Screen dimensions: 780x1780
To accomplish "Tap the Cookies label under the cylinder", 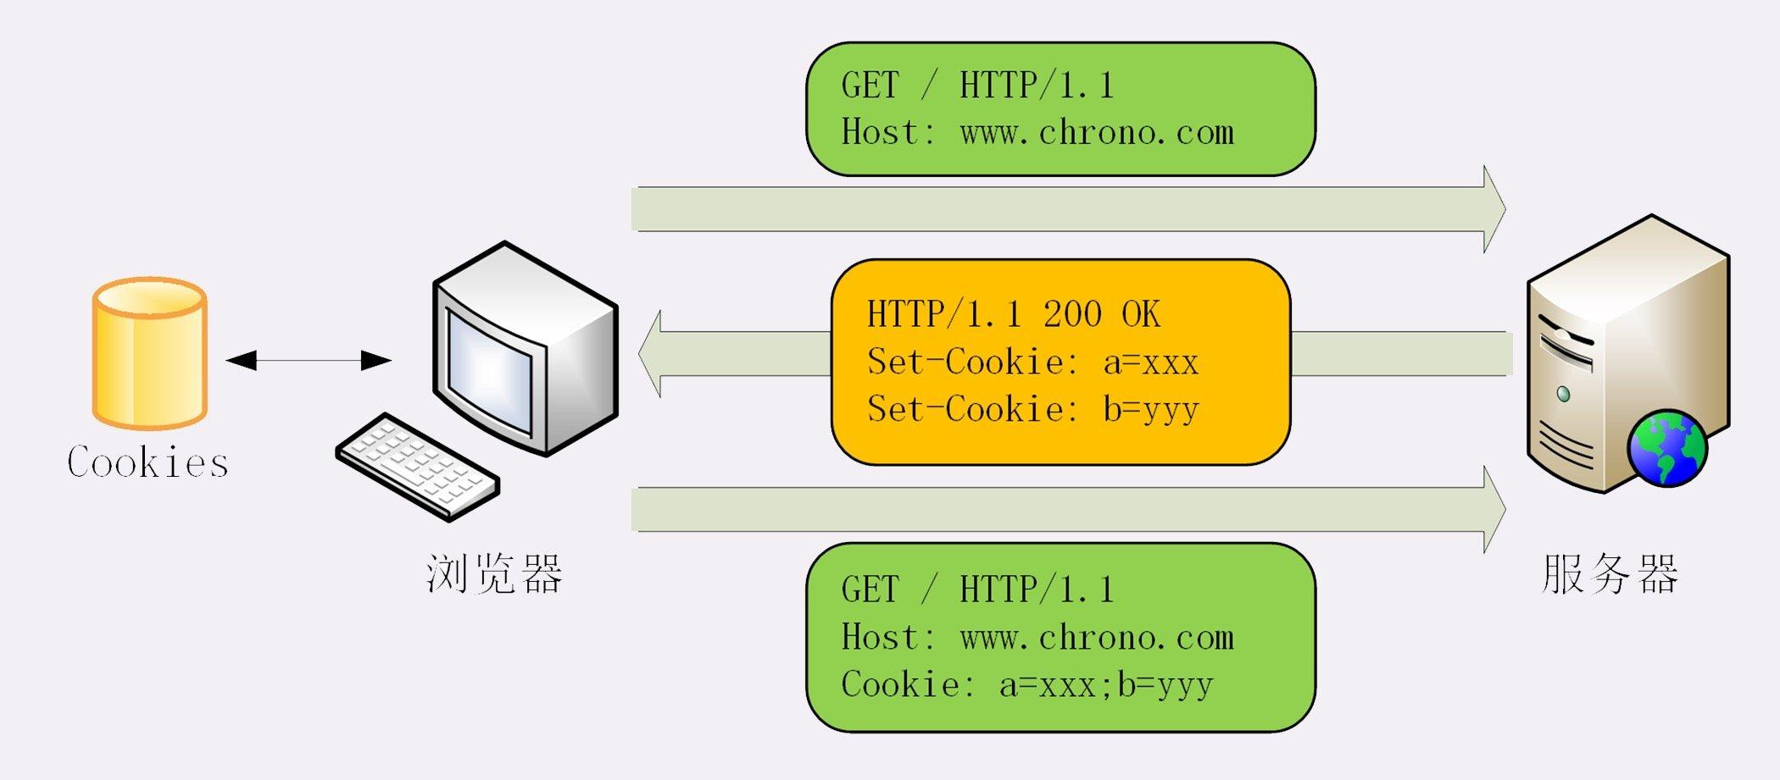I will point(147,462).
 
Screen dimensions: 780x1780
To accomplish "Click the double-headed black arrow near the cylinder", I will point(309,361).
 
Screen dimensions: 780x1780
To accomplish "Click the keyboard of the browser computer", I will point(417,467).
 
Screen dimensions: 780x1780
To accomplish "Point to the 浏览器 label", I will point(494,574).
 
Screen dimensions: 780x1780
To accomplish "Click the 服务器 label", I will point(1609,574).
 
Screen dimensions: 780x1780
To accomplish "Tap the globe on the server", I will point(1667,449).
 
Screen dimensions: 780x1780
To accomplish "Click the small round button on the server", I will point(1564,394).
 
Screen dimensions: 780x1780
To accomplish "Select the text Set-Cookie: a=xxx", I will point(1032,362).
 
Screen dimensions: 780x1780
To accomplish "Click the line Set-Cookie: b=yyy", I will point(1032,410).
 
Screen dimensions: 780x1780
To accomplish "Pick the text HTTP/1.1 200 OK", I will point(1013,314).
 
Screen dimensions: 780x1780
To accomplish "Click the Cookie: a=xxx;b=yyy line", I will point(1026,684).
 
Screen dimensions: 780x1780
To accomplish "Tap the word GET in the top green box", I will point(869,86).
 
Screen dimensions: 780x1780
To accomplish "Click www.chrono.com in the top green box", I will point(1097,133).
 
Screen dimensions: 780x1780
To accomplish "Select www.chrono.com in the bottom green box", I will point(1097,638).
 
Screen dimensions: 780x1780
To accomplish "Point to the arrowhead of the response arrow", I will point(650,354).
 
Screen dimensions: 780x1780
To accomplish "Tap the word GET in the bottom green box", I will point(869,589).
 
